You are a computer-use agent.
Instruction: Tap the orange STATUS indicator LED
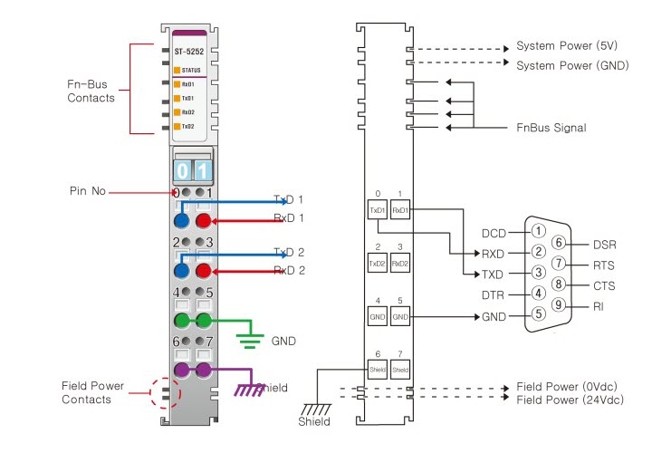coord(177,70)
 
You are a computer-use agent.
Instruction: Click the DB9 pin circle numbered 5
coord(538,314)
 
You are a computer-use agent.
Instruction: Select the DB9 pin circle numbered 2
coord(538,252)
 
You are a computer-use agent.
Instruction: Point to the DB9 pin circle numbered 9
coord(559,304)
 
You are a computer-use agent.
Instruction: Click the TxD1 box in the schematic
coord(377,210)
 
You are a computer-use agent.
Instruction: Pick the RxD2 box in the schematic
coord(401,264)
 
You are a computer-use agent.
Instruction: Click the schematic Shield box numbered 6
coord(377,370)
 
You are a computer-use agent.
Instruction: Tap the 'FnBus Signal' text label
coord(551,128)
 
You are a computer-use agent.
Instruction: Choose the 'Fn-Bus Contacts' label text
coord(91,91)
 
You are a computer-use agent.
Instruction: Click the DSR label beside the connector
coord(604,244)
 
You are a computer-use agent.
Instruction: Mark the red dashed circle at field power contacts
coord(165,394)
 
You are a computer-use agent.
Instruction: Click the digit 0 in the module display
coord(183,170)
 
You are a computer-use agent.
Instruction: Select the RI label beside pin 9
coord(599,307)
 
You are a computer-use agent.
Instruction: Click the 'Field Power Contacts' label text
coord(92,392)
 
